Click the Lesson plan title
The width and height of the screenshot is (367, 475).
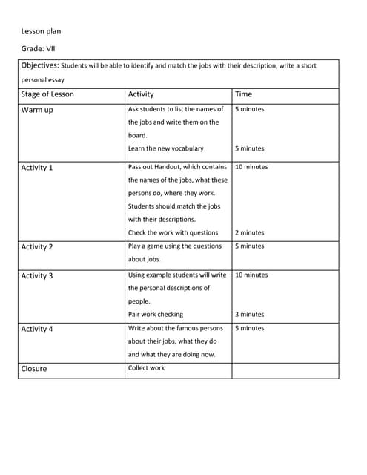(x=42, y=31)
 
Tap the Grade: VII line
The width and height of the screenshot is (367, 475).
(x=39, y=49)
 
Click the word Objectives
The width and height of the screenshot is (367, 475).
(x=39, y=65)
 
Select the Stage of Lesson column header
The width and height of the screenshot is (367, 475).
(x=47, y=94)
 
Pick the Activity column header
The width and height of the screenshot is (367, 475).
(x=141, y=94)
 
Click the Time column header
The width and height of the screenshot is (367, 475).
(x=243, y=94)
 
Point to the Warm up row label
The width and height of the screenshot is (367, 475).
(x=37, y=111)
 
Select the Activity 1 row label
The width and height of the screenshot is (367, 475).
(x=37, y=168)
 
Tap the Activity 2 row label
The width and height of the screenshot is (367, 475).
(x=37, y=247)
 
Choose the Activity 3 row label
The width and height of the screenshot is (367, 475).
(x=37, y=276)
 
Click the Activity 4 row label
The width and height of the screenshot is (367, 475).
(x=37, y=329)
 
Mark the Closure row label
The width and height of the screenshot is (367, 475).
(x=34, y=369)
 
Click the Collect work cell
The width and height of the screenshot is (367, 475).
(x=147, y=368)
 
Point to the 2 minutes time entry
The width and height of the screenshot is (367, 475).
(x=249, y=232)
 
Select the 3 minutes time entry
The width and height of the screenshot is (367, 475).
(x=249, y=314)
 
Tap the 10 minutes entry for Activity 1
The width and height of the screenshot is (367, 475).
(x=251, y=167)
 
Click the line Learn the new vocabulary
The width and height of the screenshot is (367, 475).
(x=165, y=148)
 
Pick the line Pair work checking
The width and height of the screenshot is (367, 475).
(x=156, y=314)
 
